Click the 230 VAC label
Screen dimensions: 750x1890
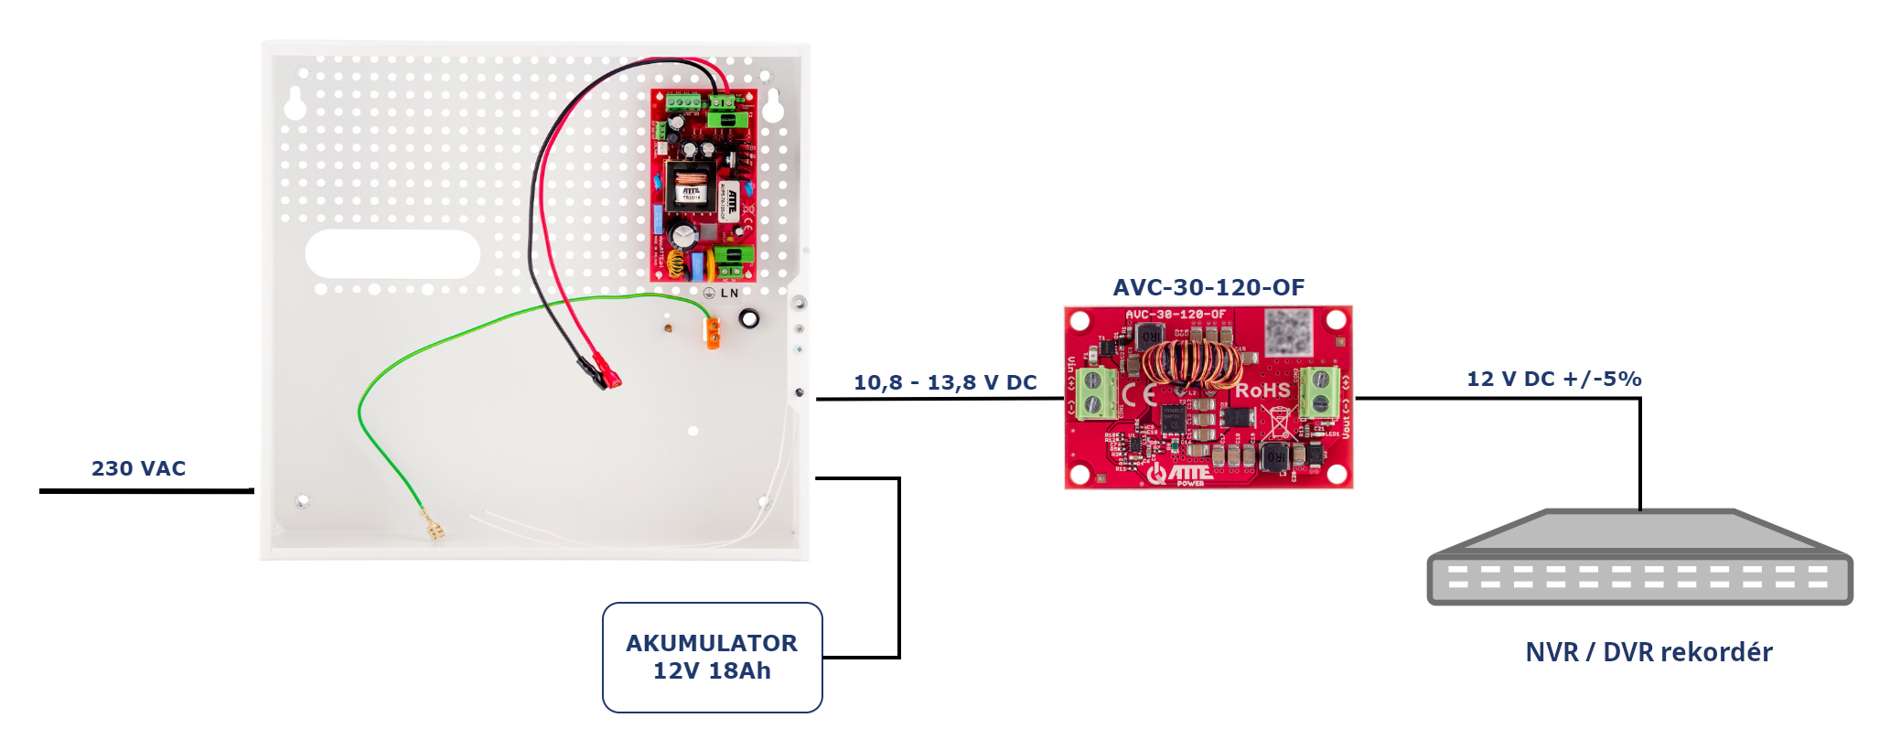point(138,468)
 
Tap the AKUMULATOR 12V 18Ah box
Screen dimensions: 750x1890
point(712,657)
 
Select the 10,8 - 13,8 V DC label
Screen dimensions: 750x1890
point(945,382)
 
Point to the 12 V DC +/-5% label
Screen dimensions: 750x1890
point(1553,379)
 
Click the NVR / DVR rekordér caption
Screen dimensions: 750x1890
point(1648,652)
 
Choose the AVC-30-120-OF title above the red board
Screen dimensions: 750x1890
point(1208,287)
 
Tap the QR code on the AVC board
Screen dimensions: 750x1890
point(1289,331)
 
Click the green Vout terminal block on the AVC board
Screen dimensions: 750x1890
point(1320,391)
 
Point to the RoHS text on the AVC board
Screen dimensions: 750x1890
point(1262,391)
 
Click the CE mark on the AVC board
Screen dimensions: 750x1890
point(1139,394)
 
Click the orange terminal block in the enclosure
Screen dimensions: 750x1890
point(712,333)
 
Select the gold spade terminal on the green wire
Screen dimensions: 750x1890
point(433,529)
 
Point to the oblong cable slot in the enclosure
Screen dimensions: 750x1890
point(392,253)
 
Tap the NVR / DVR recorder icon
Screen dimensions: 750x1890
point(1639,558)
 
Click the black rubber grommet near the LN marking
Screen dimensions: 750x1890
point(749,318)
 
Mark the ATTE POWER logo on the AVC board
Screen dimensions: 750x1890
point(1181,474)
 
